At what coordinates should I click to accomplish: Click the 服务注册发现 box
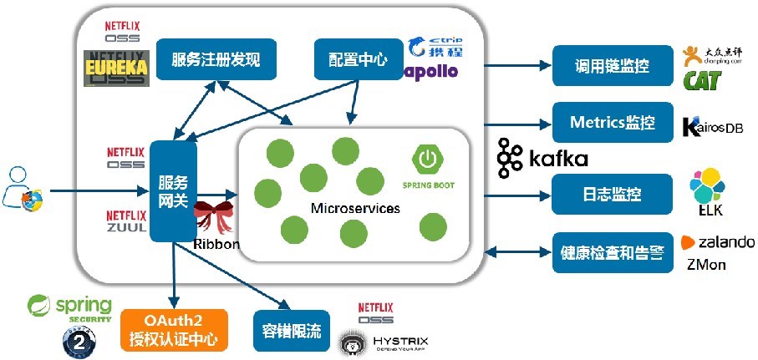point(216,59)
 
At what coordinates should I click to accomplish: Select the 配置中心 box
point(358,59)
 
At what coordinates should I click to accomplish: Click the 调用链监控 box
point(613,65)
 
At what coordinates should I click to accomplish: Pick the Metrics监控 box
point(613,123)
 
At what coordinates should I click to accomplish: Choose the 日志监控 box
point(613,194)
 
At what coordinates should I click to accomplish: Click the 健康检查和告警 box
point(613,251)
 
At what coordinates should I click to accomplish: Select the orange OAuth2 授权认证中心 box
point(174,330)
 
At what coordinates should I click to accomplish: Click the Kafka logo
point(542,158)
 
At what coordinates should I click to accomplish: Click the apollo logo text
point(431,71)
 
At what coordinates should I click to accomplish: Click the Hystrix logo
point(376,342)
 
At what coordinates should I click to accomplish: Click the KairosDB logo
point(712,127)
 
